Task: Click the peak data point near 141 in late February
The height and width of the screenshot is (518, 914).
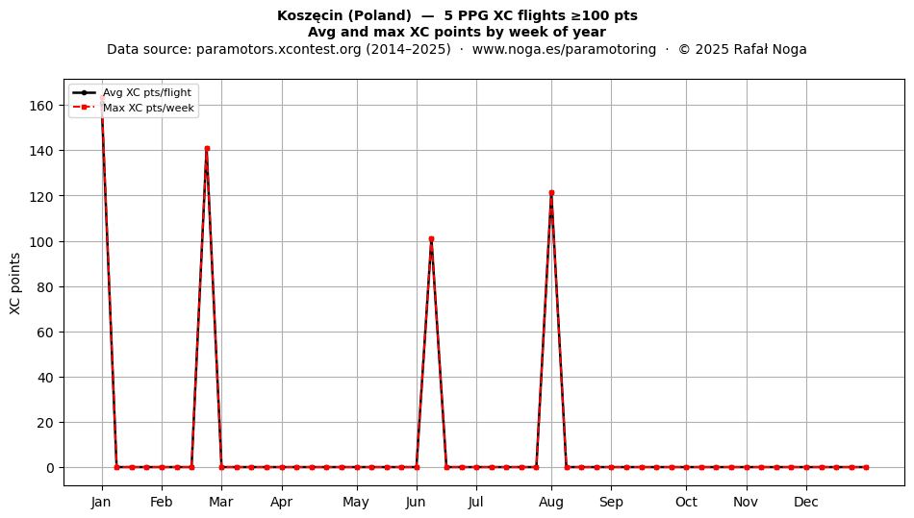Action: point(207,149)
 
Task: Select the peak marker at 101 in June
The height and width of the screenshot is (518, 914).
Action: point(431,239)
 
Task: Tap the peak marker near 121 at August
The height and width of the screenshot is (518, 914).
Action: point(551,192)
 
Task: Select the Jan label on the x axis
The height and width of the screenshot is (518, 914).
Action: point(101,502)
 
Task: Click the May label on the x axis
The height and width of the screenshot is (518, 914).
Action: point(356,502)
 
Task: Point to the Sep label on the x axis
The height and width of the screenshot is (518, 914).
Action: point(612,502)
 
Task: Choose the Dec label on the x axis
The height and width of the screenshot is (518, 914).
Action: point(806,502)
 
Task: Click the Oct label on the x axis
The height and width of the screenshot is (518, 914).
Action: point(687,502)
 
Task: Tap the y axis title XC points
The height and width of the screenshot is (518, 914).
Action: point(15,284)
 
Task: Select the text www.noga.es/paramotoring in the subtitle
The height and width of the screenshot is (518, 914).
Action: point(564,49)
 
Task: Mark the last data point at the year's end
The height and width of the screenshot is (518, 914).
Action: point(866,467)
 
